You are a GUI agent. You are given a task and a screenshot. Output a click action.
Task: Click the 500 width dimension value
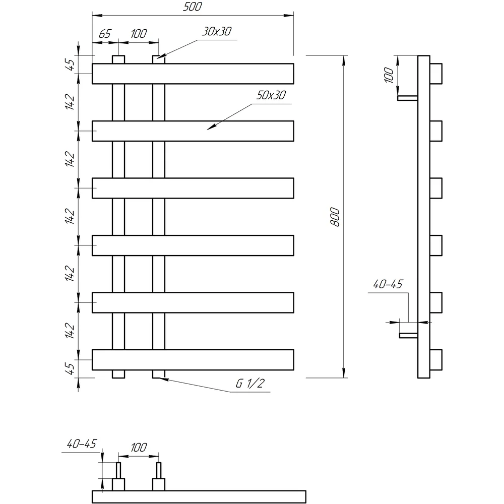[x=192, y=7]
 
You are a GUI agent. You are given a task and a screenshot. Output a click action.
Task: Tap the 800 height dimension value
[x=335, y=217]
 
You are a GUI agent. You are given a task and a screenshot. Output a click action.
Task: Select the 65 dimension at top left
[x=105, y=33]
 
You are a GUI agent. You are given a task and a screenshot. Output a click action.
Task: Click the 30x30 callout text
[x=217, y=31]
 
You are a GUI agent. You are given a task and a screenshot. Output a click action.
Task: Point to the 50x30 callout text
[x=271, y=95]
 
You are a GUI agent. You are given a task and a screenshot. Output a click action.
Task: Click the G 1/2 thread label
[x=250, y=384]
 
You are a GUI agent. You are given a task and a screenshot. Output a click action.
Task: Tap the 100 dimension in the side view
[x=389, y=75]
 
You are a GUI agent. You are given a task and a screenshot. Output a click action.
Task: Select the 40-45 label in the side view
[x=388, y=284]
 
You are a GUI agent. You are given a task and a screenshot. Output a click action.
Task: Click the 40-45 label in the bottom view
[x=81, y=444]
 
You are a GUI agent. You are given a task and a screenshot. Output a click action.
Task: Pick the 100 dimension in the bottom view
[x=139, y=448]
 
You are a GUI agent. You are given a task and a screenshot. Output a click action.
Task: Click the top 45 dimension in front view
[x=70, y=65]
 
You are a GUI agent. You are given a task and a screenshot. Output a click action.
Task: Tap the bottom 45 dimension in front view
[x=70, y=369]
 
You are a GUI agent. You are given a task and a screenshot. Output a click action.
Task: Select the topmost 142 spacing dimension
[x=70, y=102]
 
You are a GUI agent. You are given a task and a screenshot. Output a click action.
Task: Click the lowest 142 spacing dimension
[x=70, y=331]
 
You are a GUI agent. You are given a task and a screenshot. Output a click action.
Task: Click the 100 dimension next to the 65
[x=139, y=33]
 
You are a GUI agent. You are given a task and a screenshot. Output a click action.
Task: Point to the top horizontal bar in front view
[x=193, y=74]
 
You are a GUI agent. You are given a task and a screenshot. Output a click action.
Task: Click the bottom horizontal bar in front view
[x=193, y=360]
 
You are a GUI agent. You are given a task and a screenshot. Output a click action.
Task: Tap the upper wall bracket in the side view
[x=408, y=98]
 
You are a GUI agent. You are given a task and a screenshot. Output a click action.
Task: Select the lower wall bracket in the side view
[x=409, y=335]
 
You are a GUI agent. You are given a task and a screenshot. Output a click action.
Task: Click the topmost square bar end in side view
[x=436, y=74]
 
